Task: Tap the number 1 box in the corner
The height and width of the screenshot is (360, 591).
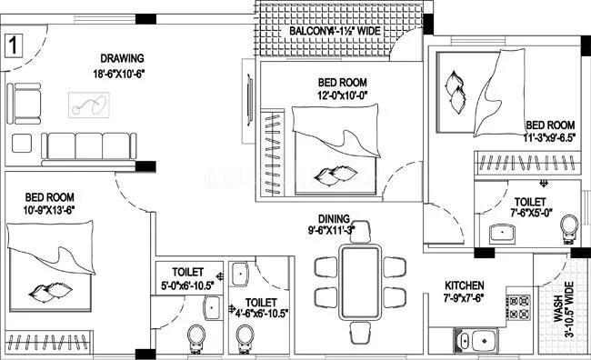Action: click(14, 44)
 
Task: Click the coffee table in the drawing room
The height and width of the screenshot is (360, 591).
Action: click(88, 106)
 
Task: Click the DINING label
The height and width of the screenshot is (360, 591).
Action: click(336, 217)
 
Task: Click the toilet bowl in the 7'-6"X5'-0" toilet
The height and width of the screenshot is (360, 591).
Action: click(569, 225)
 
